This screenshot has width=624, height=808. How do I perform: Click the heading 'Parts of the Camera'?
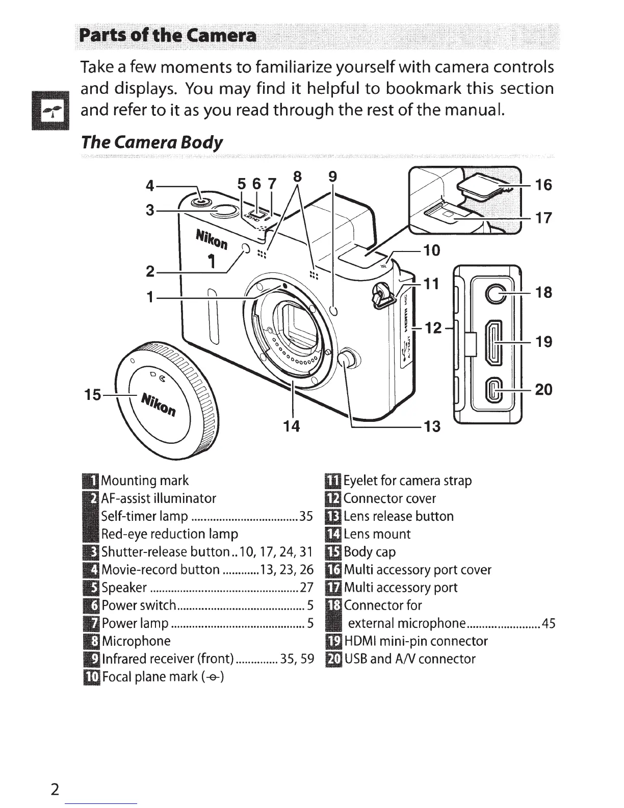[x=166, y=36]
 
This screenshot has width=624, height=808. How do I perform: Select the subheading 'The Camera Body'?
[x=152, y=142]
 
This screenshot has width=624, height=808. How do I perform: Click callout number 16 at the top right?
[x=544, y=185]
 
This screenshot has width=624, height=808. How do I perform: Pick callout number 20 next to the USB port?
[x=544, y=389]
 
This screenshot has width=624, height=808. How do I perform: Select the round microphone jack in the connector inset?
[x=496, y=292]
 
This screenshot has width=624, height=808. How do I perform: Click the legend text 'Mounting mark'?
[x=145, y=481]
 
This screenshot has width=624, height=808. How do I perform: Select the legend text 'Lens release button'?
[x=399, y=516]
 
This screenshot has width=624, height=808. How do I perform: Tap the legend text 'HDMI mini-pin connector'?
[x=416, y=641]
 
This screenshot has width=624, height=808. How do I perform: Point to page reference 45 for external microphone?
[x=549, y=623]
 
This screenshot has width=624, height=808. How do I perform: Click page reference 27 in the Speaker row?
[x=306, y=588]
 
